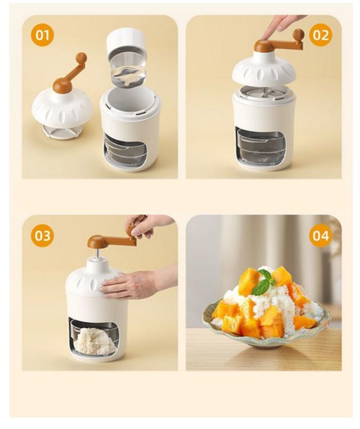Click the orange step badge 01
coord(42,35)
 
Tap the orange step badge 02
coord(321,35)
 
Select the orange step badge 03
coord(42,235)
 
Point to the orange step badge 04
coord(321,235)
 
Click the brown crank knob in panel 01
coord(82,57)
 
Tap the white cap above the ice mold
coord(125,39)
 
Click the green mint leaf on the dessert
coord(262,282)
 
